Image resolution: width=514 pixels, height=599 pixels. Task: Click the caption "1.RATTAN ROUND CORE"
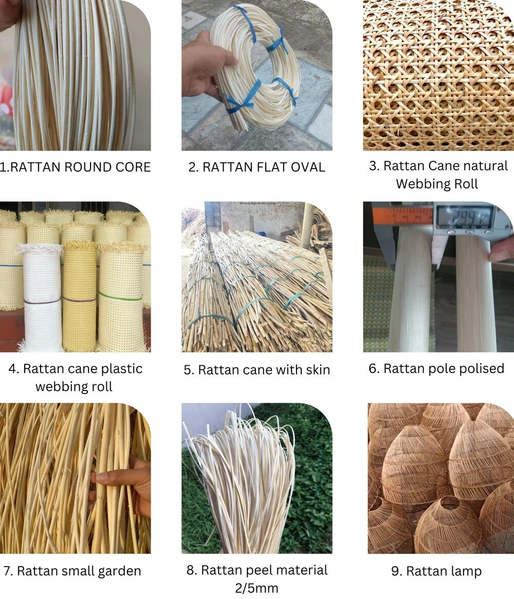click(x=75, y=167)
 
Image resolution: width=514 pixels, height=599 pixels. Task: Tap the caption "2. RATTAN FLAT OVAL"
click(x=256, y=167)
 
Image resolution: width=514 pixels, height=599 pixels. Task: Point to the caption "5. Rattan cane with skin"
click(x=256, y=370)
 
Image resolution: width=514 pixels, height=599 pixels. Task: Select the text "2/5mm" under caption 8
click(x=256, y=587)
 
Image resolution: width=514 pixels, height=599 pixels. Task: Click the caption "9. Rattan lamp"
click(x=436, y=571)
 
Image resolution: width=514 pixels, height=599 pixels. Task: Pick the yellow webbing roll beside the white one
click(x=79, y=298)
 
